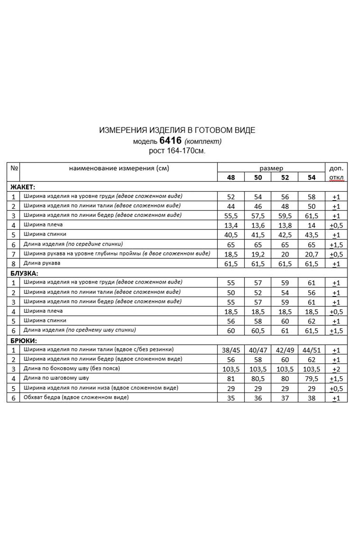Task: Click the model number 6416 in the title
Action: [x=171, y=140]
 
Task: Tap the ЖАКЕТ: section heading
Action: [x=22, y=187]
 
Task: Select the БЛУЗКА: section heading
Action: [x=24, y=273]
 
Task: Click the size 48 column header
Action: [x=231, y=177]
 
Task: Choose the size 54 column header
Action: [x=311, y=177]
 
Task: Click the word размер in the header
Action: [x=271, y=168]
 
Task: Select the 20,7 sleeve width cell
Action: [x=311, y=254]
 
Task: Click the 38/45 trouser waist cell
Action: [x=231, y=350]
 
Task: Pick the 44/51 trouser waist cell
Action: [x=311, y=350]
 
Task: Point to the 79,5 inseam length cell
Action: [x=311, y=378]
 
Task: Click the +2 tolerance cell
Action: [x=336, y=369]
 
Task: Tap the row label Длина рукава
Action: [x=42, y=263]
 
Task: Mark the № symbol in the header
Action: [x=14, y=168]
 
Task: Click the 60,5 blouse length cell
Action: [x=258, y=331]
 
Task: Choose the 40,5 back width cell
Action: [x=231, y=234]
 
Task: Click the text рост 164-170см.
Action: [x=177, y=151]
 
